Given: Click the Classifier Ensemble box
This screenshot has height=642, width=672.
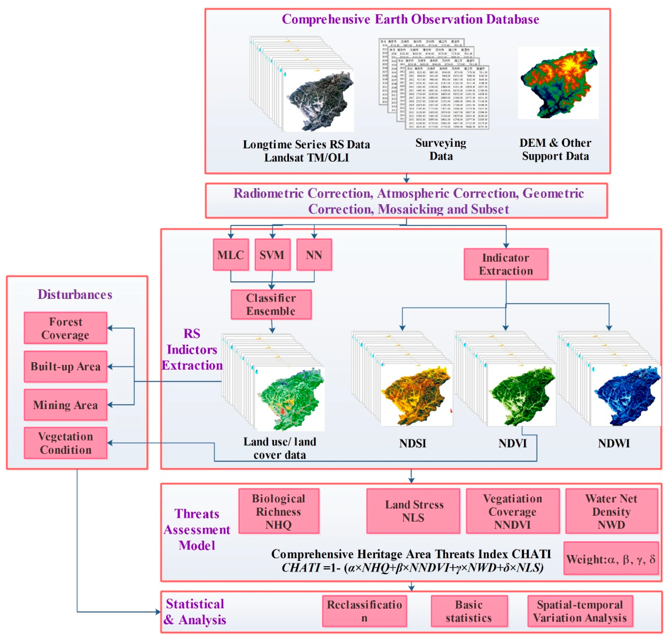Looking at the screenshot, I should click(x=271, y=304).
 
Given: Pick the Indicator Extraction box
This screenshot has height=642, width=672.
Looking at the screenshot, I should click(x=506, y=264).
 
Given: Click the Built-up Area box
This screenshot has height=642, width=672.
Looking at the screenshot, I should click(x=65, y=366).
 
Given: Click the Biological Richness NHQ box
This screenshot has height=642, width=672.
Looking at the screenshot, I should click(x=278, y=511).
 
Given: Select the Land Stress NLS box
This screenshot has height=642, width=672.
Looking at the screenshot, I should click(x=413, y=511).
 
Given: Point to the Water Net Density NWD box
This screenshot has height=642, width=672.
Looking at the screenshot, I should click(x=611, y=511).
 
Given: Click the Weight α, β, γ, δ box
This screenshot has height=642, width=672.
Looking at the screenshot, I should click(x=611, y=559).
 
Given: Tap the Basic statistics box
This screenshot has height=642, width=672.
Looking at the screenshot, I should click(x=469, y=611).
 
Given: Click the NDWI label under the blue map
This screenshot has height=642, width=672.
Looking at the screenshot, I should click(x=614, y=443).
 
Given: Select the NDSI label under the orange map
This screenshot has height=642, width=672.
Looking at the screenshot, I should click(x=412, y=443).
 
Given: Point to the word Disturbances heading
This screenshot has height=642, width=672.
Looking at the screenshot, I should click(x=75, y=294).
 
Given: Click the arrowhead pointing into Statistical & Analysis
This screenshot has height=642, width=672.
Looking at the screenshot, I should click(x=158, y=612).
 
